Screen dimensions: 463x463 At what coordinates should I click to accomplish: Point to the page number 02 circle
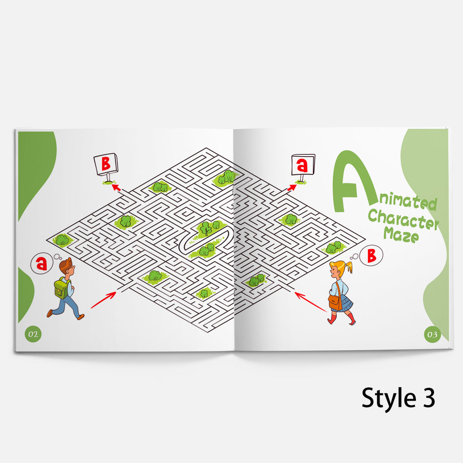[x=33, y=334]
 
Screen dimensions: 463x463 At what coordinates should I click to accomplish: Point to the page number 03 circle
[x=432, y=334]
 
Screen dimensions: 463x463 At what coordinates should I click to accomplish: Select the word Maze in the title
[x=401, y=235]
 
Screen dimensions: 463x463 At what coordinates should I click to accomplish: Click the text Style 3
[x=398, y=398]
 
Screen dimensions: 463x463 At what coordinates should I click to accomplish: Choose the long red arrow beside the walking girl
[x=311, y=302]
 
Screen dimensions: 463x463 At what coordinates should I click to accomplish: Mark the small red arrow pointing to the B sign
[x=116, y=188]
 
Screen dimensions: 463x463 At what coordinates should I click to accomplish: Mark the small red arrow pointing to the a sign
[x=292, y=188]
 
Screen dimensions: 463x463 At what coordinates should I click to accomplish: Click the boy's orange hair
[x=66, y=264]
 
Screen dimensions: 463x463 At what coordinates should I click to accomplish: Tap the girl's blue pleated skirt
[x=344, y=305]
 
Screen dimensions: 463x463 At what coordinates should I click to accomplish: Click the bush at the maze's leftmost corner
[x=62, y=240]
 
